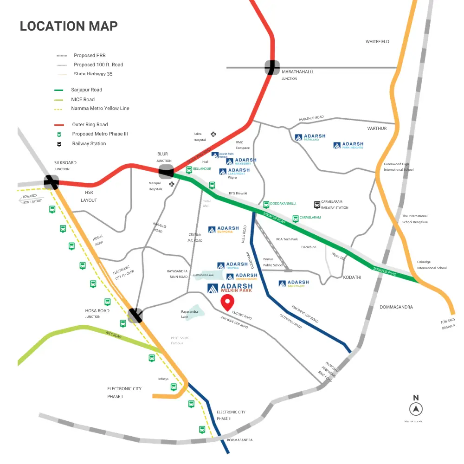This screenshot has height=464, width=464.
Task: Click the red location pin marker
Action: tap(227, 303)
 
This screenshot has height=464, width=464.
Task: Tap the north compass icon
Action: tap(416, 409)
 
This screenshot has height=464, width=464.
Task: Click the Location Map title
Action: tap(69, 26)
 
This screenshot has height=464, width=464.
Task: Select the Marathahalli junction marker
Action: tap(272, 67)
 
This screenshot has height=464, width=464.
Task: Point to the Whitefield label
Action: tap(377, 42)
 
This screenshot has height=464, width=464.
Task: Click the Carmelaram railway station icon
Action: tap(317, 204)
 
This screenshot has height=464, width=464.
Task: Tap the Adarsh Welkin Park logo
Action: tap(230, 288)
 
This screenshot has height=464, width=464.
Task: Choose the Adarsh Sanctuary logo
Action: tap(294, 284)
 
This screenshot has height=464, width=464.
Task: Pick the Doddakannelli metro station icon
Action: tap(266, 204)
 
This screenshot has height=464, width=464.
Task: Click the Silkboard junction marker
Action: tap(51, 182)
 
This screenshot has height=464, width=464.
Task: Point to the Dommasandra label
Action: tap(396, 307)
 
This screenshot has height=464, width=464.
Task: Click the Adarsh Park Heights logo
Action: tap(348, 145)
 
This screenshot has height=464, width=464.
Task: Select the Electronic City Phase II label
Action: tap(231, 415)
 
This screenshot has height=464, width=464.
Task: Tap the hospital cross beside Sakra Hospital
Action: tap(213, 134)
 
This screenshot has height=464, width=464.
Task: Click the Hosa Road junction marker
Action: tap(135, 316)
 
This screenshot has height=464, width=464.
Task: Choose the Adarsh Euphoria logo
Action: tap(224, 229)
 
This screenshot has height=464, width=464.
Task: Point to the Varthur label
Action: tap(377, 129)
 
